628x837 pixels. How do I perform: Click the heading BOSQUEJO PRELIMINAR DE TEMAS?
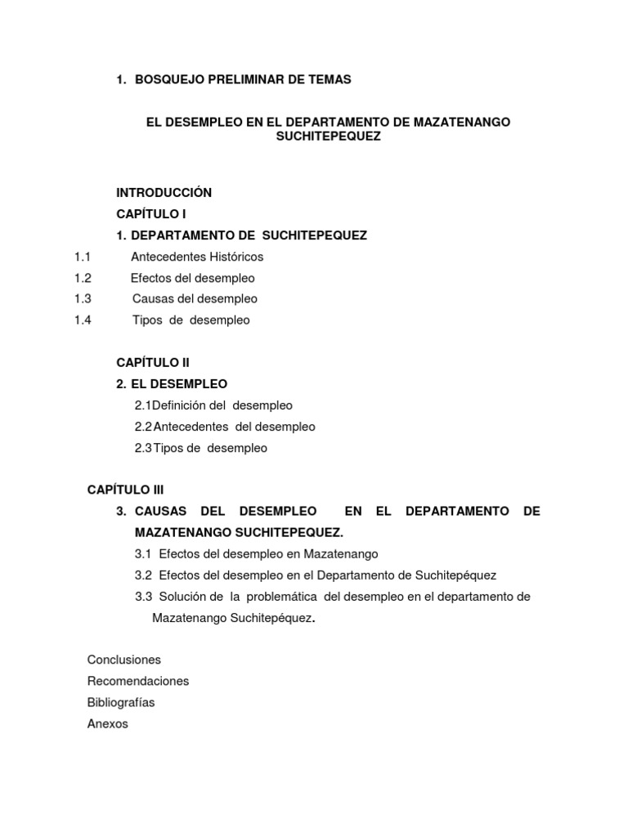[x=242, y=79]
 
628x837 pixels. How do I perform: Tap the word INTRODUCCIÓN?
[x=164, y=193]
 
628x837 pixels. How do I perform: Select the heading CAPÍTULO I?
[x=151, y=214]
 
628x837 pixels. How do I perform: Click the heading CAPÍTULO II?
[x=153, y=362]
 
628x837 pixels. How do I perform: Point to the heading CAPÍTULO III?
[x=126, y=490]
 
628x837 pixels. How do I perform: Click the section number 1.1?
[x=82, y=257]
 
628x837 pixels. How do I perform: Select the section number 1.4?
[x=82, y=320]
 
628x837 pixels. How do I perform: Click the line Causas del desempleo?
[x=195, y=299]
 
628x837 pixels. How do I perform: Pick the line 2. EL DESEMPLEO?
[x=172, y=384]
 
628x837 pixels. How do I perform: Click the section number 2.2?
[x=143, y=427]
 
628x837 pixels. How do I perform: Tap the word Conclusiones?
[x=124, y=660]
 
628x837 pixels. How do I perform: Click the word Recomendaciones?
[x=138, y=681]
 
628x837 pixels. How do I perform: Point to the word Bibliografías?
[x=121, y=702]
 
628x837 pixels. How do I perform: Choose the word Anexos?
[x=108, y=723]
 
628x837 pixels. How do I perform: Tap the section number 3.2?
[x=144, y=575]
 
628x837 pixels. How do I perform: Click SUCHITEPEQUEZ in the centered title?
[x=329, y=137]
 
